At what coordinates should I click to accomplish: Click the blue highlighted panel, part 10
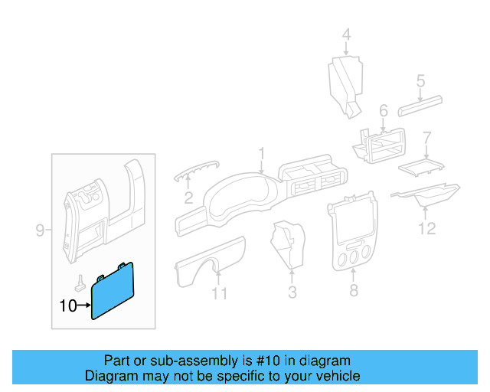(113, 291)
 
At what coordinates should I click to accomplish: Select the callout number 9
(41, 230)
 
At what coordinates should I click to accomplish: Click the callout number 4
(346, 34)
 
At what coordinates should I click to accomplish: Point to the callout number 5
(420, 80)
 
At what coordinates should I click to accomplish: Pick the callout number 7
(427, 139)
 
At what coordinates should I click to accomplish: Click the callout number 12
(427, 228)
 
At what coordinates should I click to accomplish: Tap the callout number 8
(353, 291)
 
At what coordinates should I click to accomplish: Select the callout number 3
(292, 292)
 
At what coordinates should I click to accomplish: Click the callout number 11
(220, 293)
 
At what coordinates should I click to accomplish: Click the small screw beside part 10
(80, 280)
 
